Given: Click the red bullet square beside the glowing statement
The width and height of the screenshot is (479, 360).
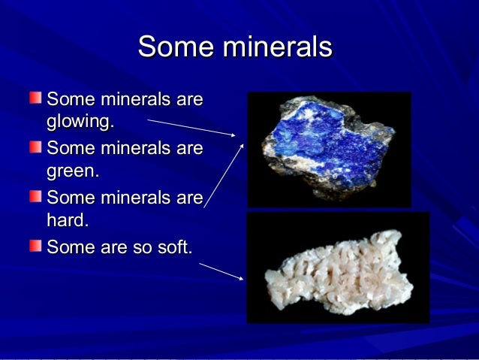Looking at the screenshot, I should click(x=36, y=98).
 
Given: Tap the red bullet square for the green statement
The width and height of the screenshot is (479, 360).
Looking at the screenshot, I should click(x=36, y=147).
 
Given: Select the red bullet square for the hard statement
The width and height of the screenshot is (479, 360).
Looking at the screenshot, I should click(x=36, y=197).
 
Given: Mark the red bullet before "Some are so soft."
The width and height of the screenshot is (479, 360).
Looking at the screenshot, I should click(x=36, y=245).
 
